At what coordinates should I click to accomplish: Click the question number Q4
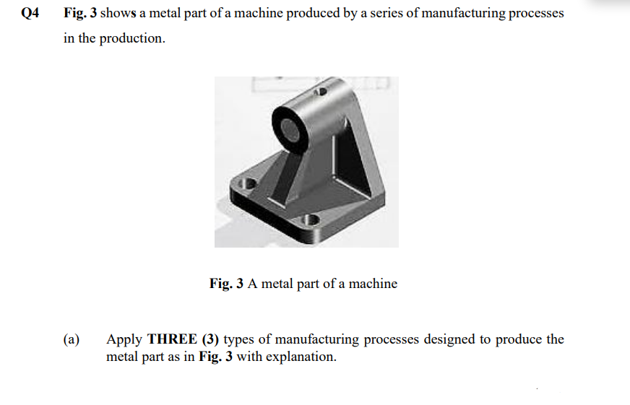pos(30,13)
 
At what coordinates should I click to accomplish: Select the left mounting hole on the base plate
pos(250,183)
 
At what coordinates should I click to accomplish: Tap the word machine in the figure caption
pos(373,284)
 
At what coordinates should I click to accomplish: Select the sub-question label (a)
pos(72,339)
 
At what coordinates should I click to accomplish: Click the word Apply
pos(124,339)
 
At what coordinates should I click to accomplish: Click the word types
pos(243,339)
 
